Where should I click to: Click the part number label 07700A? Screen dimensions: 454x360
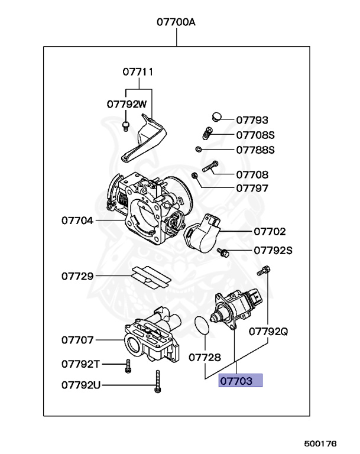[176, 23]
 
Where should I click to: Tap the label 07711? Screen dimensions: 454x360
[138, 72]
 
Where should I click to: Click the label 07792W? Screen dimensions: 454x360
[127, 103]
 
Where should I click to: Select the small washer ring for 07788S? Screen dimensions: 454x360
[200, 149]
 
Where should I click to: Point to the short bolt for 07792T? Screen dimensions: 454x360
[127, 367]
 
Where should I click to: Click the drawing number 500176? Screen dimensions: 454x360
[320, 443]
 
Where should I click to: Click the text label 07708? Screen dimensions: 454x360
[252, 174]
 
